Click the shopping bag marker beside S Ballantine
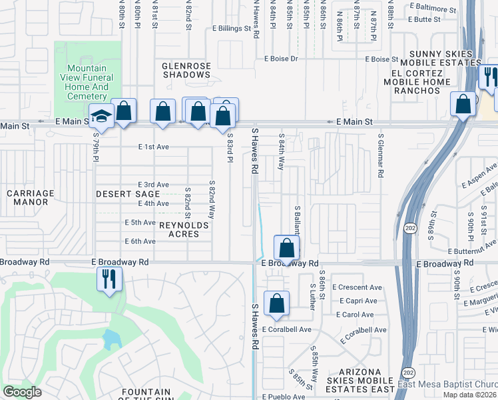pyautogui.click(x=286, y=249)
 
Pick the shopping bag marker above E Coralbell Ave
pyautogui.click(x=276, y=303)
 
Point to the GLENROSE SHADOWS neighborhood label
pyautogui.click(x=186, y=70)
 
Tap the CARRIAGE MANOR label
pyautogui.click(x=30, y=197)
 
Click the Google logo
pyautogui.click(x=22, y=392)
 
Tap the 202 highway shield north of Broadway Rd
pyautogui.click(x=409, y=229)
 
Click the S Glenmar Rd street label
pyautogui.click(x=380, y=155)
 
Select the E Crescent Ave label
pyautogui.click(x=360, y=287)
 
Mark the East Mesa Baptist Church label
pyautogui.click(x=447, y=384)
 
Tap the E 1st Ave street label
pyautogui.click(x=154, y=147)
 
